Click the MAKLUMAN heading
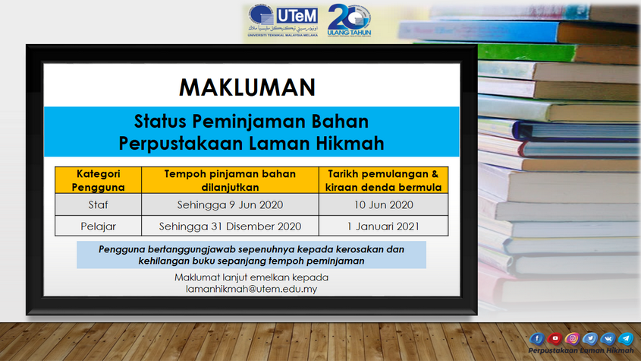(x=247, y=87)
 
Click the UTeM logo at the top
(x=283, y=21)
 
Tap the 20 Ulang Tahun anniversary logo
(x=349, y=21)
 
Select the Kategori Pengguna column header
(x=98, y=180)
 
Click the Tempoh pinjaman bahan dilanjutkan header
(x=230, y=180)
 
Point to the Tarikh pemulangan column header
(x=383, y=180)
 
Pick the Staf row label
(x=98, y=204)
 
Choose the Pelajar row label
(x=98, y=226)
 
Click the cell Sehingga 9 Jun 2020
(x=230, y=204)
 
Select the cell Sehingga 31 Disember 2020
(x=230, y=226)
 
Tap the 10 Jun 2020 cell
(x=383, y=204)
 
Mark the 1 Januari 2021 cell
(x=383, y=226)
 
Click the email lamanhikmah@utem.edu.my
(x=251, y=289)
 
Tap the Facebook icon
(x=537, y=338)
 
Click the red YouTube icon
(x=555, y=338)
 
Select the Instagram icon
(x=572, y=338)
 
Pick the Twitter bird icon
(x=590, y=338)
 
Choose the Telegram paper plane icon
(x=626, y=338)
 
